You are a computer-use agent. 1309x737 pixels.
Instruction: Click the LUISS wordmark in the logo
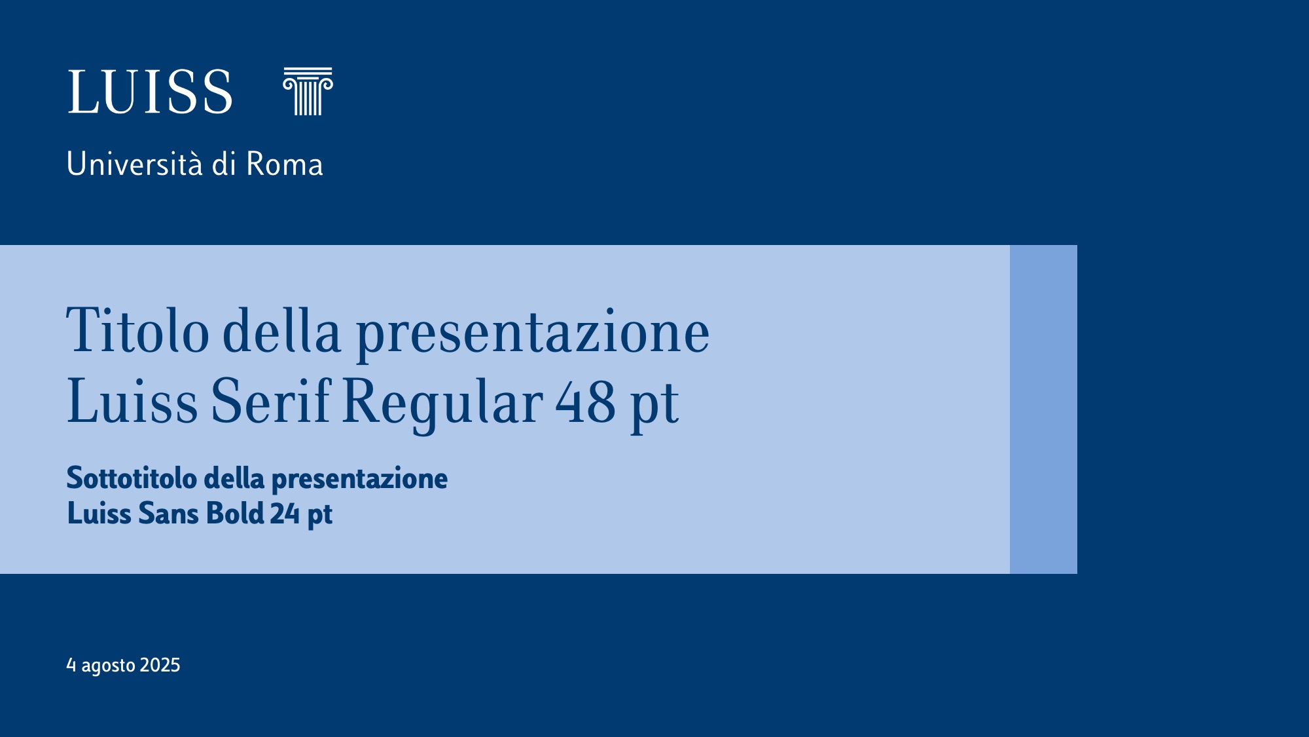click(x=150, y=92)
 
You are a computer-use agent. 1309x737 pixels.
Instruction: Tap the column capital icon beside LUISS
click(x=308, y=91)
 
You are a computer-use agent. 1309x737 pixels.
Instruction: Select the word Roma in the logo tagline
click(x=285, y=164)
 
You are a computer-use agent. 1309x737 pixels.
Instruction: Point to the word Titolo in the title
click(x=137, y=330)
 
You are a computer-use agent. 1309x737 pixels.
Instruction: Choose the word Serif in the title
click(x=271, y=400)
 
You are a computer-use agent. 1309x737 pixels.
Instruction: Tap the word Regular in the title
click(x=442, y=404)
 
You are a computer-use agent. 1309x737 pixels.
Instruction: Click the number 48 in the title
click(x=586, y=402)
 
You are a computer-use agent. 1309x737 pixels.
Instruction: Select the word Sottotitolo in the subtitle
click(x=132, y=478)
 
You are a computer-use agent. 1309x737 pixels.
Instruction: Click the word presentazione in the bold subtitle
click(x=359, y=480)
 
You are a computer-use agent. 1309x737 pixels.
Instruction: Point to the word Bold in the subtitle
click(x=235, y=513)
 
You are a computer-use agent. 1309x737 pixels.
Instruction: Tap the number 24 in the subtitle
click(x=285, y=514)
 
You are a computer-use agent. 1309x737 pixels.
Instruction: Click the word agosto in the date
click(x=108, y=666)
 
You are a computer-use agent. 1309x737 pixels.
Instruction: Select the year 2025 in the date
click(x=160, y=665)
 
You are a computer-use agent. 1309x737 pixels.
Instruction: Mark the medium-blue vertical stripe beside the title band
click(x=1043, y=409)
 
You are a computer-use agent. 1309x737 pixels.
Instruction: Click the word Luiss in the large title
click(x=132, y=401)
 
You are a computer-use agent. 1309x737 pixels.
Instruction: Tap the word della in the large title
click(x=282, y=330)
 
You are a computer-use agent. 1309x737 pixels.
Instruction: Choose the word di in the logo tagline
click(x=224, y=164)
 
